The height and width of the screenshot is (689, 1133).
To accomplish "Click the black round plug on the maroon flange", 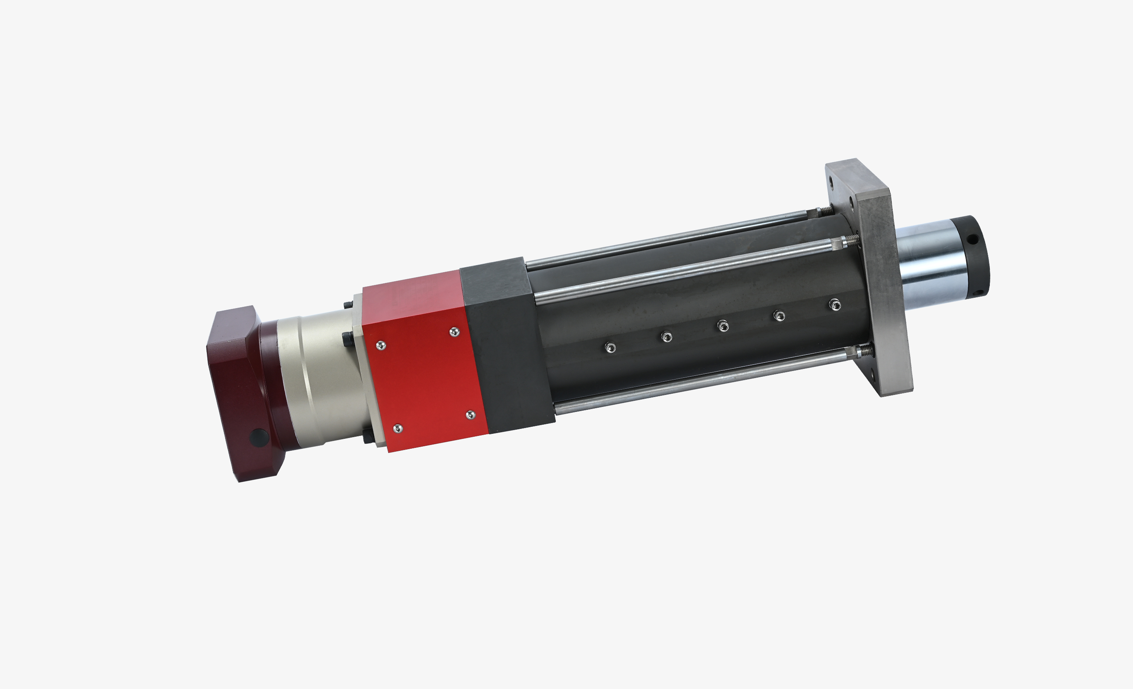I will [259, 437].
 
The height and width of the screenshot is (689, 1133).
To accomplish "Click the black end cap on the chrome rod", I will [975, 257].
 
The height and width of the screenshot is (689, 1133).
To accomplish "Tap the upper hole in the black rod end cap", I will [974, 239].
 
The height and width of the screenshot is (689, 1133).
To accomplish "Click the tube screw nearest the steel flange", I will [835, 304].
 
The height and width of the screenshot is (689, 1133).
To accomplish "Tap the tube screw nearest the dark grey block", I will [610, 347].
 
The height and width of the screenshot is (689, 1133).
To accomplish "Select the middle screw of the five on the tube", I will [723, 326].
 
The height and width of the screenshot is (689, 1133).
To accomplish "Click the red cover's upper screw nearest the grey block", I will [454, 331].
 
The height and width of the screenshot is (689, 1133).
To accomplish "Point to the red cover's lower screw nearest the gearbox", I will [398, 428].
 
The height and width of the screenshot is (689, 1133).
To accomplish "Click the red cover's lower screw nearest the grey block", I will [470, 414].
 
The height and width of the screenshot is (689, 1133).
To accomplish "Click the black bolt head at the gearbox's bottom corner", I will [368, 436].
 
